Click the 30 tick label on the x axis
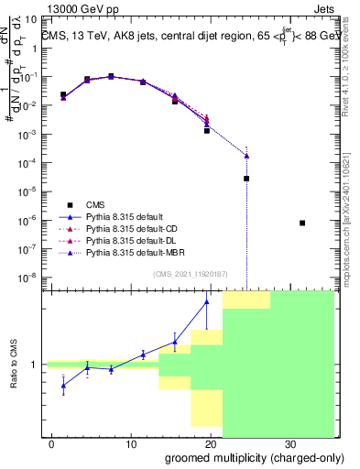pos(289,443)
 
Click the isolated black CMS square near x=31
pos(302,223)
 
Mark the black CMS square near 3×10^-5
pos(246,179)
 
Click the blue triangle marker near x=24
pos(246,156)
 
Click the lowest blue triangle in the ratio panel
pos(63,386)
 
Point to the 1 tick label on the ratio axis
pos(35,365)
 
